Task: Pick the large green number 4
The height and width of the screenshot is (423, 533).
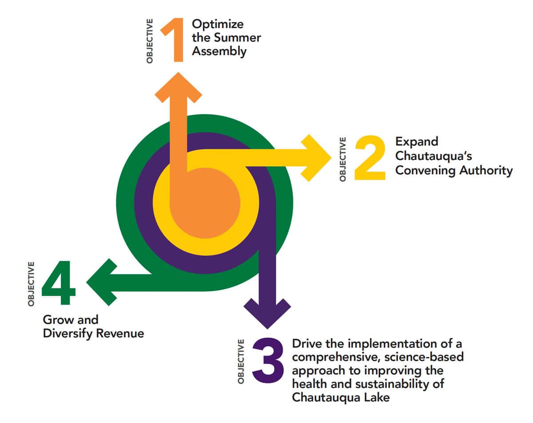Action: click(x=59, y=283)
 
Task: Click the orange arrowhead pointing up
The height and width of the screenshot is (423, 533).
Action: click(x=178, y=87)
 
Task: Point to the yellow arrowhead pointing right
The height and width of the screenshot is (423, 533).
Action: click(x=316, y=158)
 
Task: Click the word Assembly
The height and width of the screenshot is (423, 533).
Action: click(x=219, y=51)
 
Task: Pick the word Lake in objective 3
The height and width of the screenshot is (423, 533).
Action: click(x=377, y=397)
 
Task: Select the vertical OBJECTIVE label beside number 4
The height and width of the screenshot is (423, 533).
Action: click(x=31, y=283)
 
